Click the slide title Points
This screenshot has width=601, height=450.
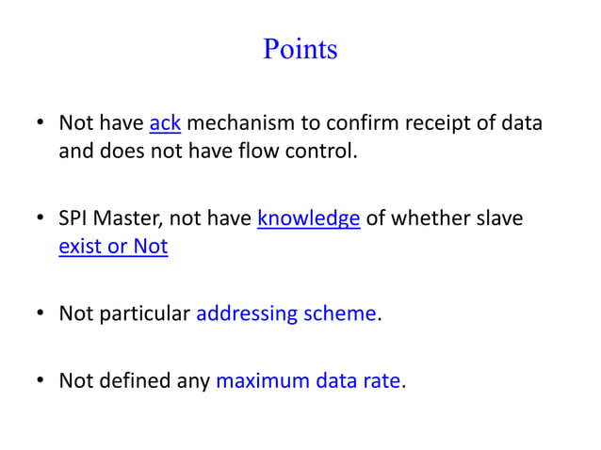(x=300, y=49)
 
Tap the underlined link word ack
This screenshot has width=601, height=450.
(x=165, y=123)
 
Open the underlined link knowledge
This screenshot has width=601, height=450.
(x=309, y=219)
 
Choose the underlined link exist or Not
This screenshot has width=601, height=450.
(x=113, y=247)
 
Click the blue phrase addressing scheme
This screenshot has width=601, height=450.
(x=286, y=314)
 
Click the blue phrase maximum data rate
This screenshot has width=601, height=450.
(x=309, y=382)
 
